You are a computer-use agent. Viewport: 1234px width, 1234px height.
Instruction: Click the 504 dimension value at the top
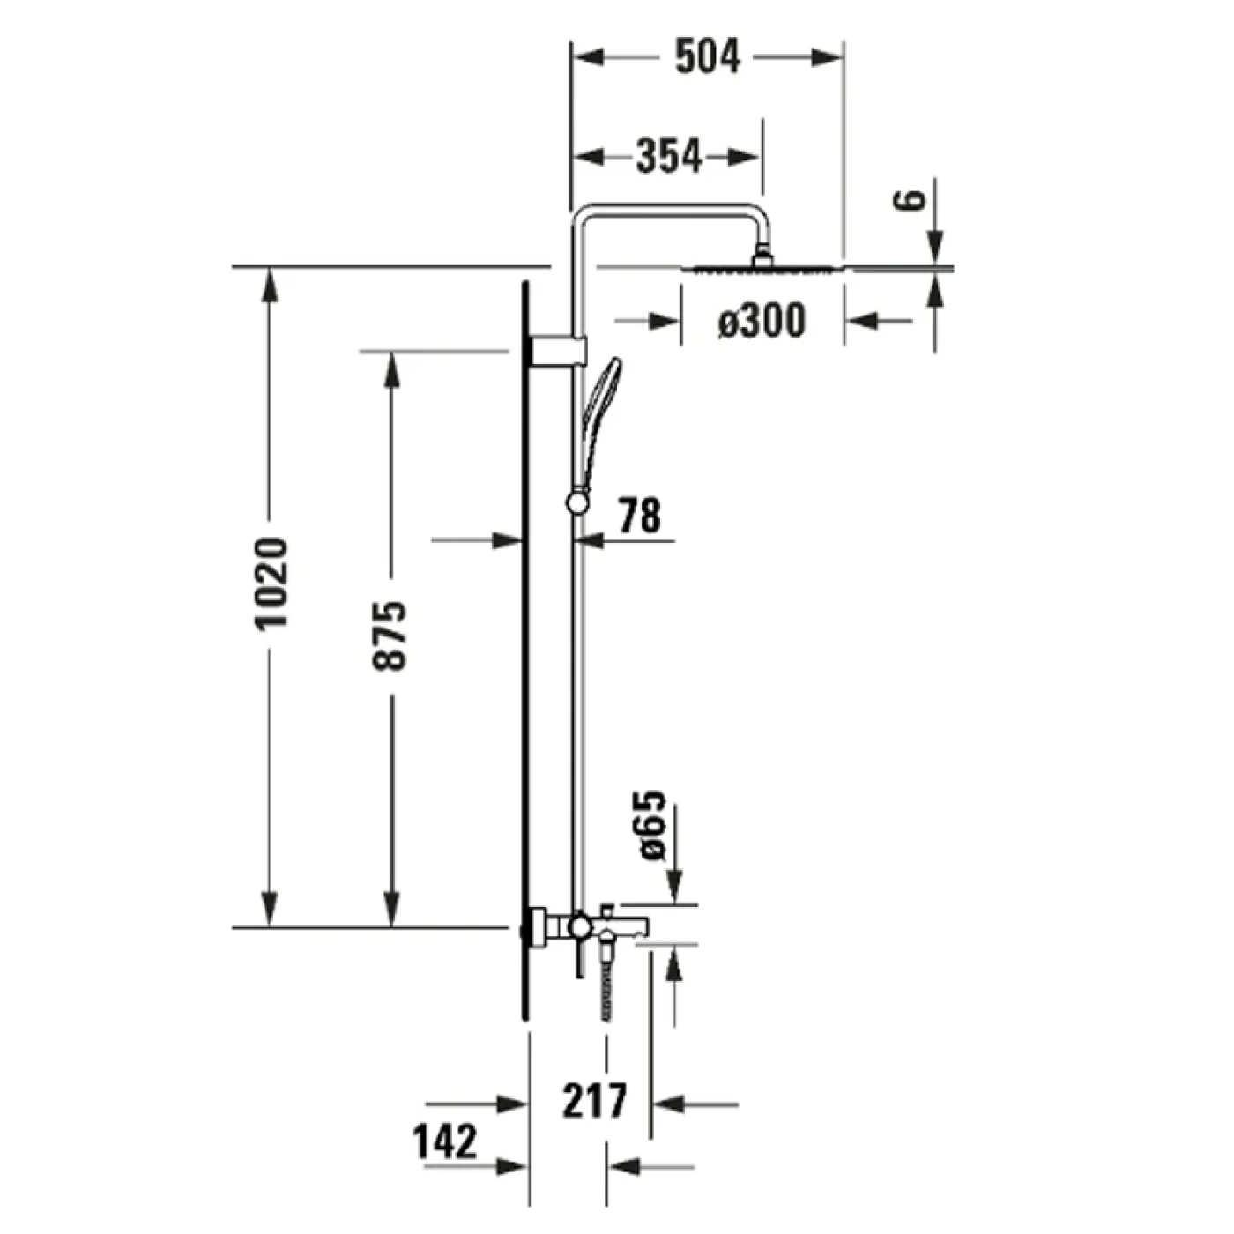point(708,57)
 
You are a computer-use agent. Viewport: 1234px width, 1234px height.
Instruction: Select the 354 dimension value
point(669,157)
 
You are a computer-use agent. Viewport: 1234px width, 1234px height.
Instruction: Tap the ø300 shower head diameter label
point(762,321)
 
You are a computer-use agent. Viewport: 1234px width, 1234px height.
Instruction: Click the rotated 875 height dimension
point(390,636)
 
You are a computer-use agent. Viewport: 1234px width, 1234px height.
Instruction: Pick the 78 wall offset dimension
point(639,516)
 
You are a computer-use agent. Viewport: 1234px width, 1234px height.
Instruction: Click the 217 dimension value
point(595,1101)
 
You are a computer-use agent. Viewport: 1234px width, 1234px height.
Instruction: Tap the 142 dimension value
point(445,1142)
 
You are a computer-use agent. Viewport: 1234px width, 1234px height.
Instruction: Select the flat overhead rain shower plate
point(767,268)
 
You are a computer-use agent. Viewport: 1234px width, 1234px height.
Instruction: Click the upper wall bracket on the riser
point(558,350)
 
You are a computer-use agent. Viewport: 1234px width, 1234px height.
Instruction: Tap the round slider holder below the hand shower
point(577,502)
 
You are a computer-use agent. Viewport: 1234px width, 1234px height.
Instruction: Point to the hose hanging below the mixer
point(606,987)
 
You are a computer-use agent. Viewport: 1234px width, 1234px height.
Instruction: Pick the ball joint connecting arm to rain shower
point(762,256)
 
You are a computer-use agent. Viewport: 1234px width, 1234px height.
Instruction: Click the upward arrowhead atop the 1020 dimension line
point(270,284)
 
